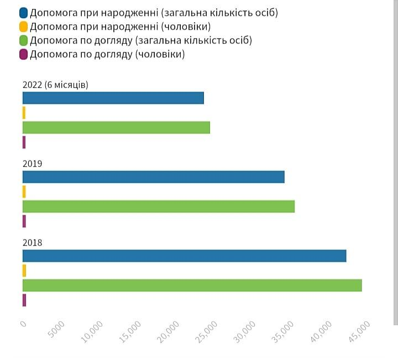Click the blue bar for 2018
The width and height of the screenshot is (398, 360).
(184, 256)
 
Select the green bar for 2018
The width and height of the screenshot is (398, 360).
(192, 285)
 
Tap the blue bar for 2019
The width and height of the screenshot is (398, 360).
(153, 177)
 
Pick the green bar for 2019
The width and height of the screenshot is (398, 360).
(158, 206)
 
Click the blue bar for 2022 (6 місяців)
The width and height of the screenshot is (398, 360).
(113, 98)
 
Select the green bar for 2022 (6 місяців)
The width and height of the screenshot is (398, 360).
(116, 127)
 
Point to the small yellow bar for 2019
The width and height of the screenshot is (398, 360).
(24, 192)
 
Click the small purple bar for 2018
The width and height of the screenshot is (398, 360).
(24, 300)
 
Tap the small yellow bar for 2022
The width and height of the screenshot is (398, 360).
(24, 113)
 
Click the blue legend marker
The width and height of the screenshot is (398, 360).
(23, 13)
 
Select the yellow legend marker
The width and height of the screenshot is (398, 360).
(23, 27)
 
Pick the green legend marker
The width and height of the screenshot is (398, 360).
(23, 40)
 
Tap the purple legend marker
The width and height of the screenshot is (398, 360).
(23, 54)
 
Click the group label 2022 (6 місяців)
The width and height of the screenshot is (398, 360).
(55, 84)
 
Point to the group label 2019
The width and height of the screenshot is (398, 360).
(33, 163)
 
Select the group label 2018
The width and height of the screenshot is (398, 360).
(33, 242)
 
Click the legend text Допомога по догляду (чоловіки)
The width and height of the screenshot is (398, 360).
(107, 54)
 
